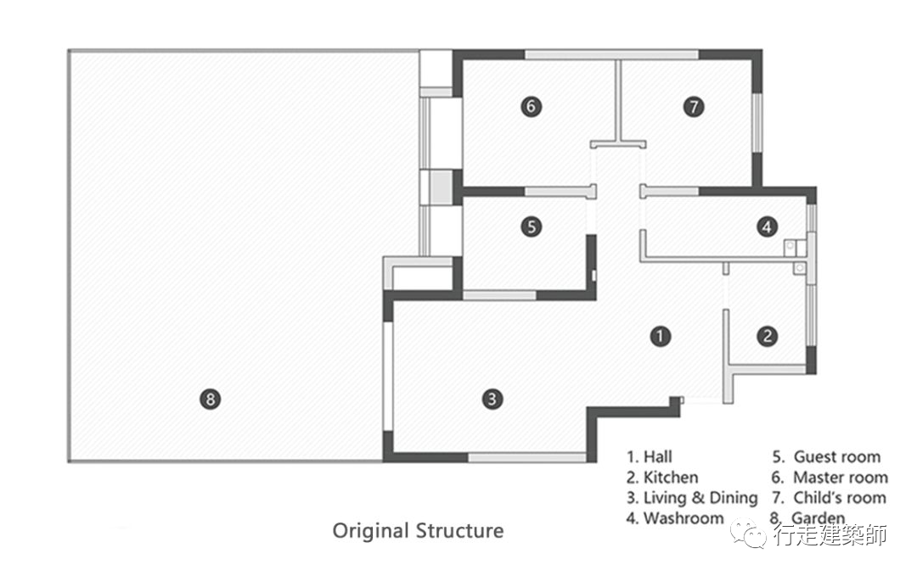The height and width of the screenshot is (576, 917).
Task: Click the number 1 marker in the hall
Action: point(660,336)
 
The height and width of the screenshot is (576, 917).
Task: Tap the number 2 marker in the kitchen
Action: point(768,336)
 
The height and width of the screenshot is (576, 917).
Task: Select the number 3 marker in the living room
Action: point(491,398)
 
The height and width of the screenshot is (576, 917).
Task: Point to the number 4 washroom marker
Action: point(767,226)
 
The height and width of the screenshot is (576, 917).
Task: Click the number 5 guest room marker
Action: point(531,226)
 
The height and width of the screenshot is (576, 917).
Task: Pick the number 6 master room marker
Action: point(531,106)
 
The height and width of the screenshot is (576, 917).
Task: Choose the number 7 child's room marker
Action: point(694,106)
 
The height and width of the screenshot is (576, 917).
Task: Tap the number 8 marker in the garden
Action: point(210,398)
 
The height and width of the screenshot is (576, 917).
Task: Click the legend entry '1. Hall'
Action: point(650,457)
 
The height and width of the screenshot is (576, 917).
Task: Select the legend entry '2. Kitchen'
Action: point(662,478)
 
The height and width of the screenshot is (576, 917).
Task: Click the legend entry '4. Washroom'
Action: point(675,518)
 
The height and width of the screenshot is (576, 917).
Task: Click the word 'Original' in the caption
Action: point(370,532)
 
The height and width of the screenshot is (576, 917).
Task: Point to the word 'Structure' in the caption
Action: point(459,531)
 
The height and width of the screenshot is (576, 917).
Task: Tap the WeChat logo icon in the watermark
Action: point(750,534)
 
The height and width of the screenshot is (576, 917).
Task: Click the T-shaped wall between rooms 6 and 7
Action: point(618,140)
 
